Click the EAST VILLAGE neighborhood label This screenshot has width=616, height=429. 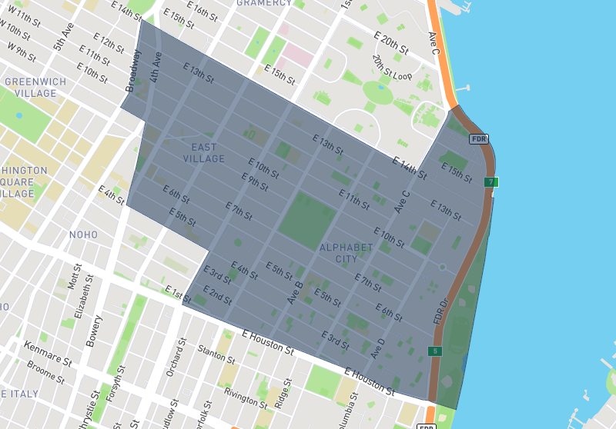[x=204, y=153]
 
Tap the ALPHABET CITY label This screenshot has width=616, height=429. [x=346, y=253]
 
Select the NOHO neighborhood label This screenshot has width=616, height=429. [x=83, y=234]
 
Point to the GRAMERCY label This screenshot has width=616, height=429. [x=265, y=3]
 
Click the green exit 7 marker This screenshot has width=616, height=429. [x=490, y=182]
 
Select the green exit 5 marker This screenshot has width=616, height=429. [x=435, y=351]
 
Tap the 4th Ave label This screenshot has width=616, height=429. [x=156, y=67]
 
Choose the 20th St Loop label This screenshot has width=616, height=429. [x=393, y=68]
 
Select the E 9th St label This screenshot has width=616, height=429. [x=255, y=181]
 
